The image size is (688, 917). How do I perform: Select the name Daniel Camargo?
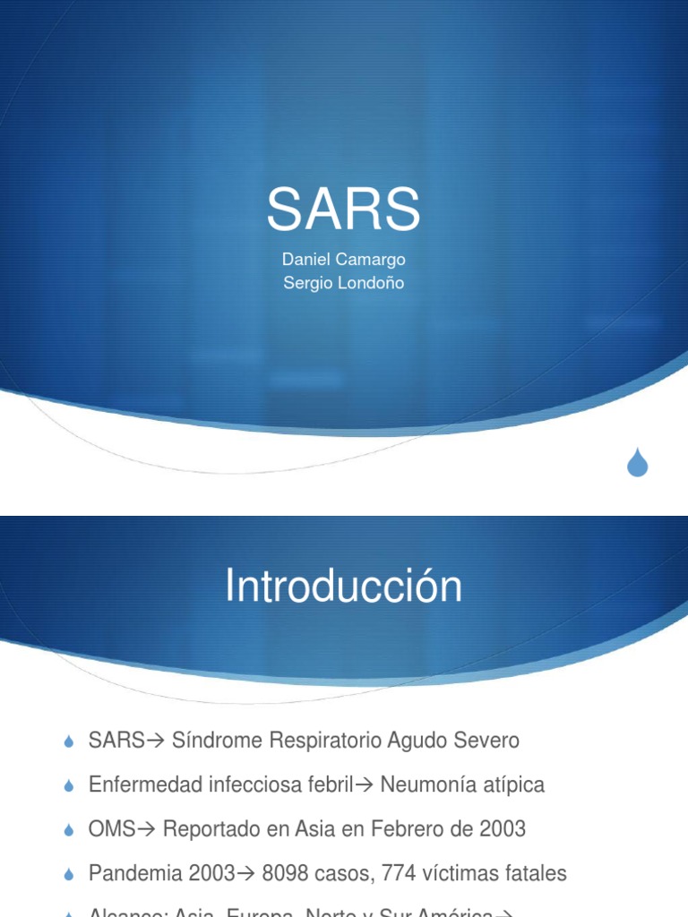(343, 260)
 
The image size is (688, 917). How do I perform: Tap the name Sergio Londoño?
(343, 283)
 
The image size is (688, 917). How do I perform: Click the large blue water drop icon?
(637, 462)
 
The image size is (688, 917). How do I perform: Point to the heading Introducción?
(343, 587)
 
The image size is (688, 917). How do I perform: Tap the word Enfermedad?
(145, 785)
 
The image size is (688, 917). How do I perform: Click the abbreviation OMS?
(111, 829)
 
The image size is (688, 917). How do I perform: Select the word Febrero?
(397, 829)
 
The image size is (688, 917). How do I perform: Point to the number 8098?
(288, 873)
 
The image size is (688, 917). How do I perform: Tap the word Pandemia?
(132, 873)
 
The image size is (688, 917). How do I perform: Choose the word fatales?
(534, 873)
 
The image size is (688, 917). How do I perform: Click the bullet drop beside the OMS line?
(69, 831)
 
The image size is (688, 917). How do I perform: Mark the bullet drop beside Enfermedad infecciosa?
(69, 787)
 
